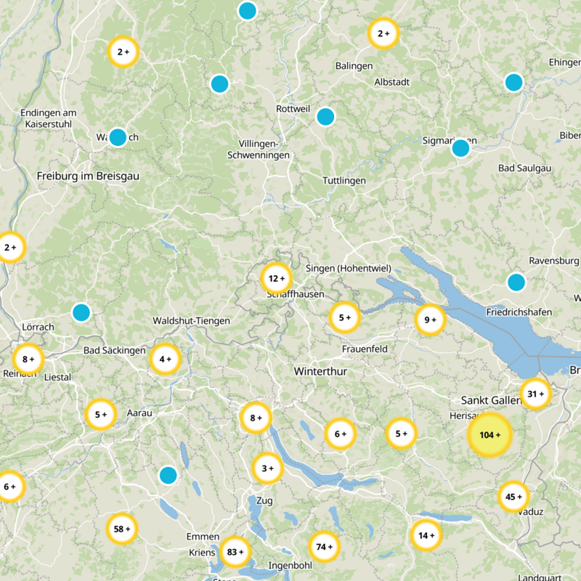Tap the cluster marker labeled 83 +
(235, 551)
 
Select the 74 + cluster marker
(324, 546)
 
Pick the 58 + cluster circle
(122, 529)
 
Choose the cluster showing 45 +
(513, 497)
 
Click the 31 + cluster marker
(536, 394)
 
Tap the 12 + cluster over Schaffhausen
(276, 278)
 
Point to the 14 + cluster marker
(426, 536)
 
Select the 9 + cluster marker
(430, 319)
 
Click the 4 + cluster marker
(166, 358)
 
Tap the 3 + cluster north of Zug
(267, 468)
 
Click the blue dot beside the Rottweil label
(325, 116)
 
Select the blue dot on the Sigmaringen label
(460, 148)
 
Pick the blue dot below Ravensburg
(516, 282)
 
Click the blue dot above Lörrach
(81, 312)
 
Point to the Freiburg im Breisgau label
(88, 176)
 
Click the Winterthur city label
(321, 371)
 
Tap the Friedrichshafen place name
(519, 312)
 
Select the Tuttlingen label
(344, 180)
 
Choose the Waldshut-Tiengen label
(191, 320)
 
